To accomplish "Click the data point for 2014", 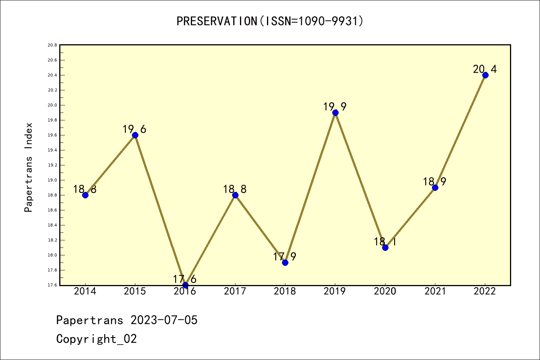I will pyautogui.click(x=85, y=195).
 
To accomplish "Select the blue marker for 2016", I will pyautogui.click(x=185, y=285).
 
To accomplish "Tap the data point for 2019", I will pyautogui.click(x=335, y=112).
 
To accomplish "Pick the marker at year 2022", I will pyautogui.click(x=485, y=75).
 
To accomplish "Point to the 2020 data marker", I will pyautogui.click(x=385, y=247).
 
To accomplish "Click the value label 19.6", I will pyautogui.click(x=134, y=129).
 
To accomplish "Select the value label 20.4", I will pyautogui.click(x=484, y=69).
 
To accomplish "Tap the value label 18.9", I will pyautogui.click(x=434, y=182).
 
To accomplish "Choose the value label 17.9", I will pyautogui.click(x=284, y=257).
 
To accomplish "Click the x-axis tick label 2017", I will pyautogui.click(x=235, y=291).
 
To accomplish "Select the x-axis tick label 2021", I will pyautogui.click(x=435, y=291).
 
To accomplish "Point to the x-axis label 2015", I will pyautogui.click(x=135, y=291).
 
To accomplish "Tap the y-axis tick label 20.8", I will pyautogui.click(x=52, y=45).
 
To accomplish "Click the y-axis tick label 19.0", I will pyautogui.click(x=52, y=180).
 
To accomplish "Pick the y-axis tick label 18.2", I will pyautogui.click(x=52, y=240).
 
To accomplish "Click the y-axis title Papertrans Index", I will pyautogui.click(x=28, y=167).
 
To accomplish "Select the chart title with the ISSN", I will pyautogui.click(x=270, y=21).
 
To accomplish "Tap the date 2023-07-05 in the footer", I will pyautogui.click(x=164, y=320).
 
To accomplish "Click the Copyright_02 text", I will pyautogui.click(x=96, y=339).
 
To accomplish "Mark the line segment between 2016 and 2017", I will pyautogui.click(x=210, y=240).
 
